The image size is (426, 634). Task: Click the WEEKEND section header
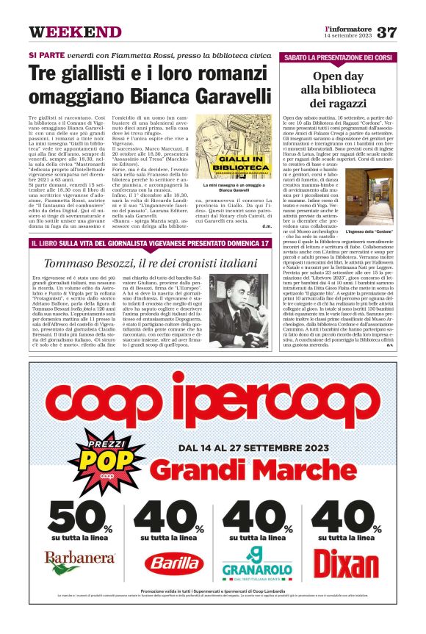(x=75, y=32)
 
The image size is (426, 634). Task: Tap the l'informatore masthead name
(x=348, y=28)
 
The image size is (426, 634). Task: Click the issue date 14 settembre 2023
(x=348, y=36)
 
